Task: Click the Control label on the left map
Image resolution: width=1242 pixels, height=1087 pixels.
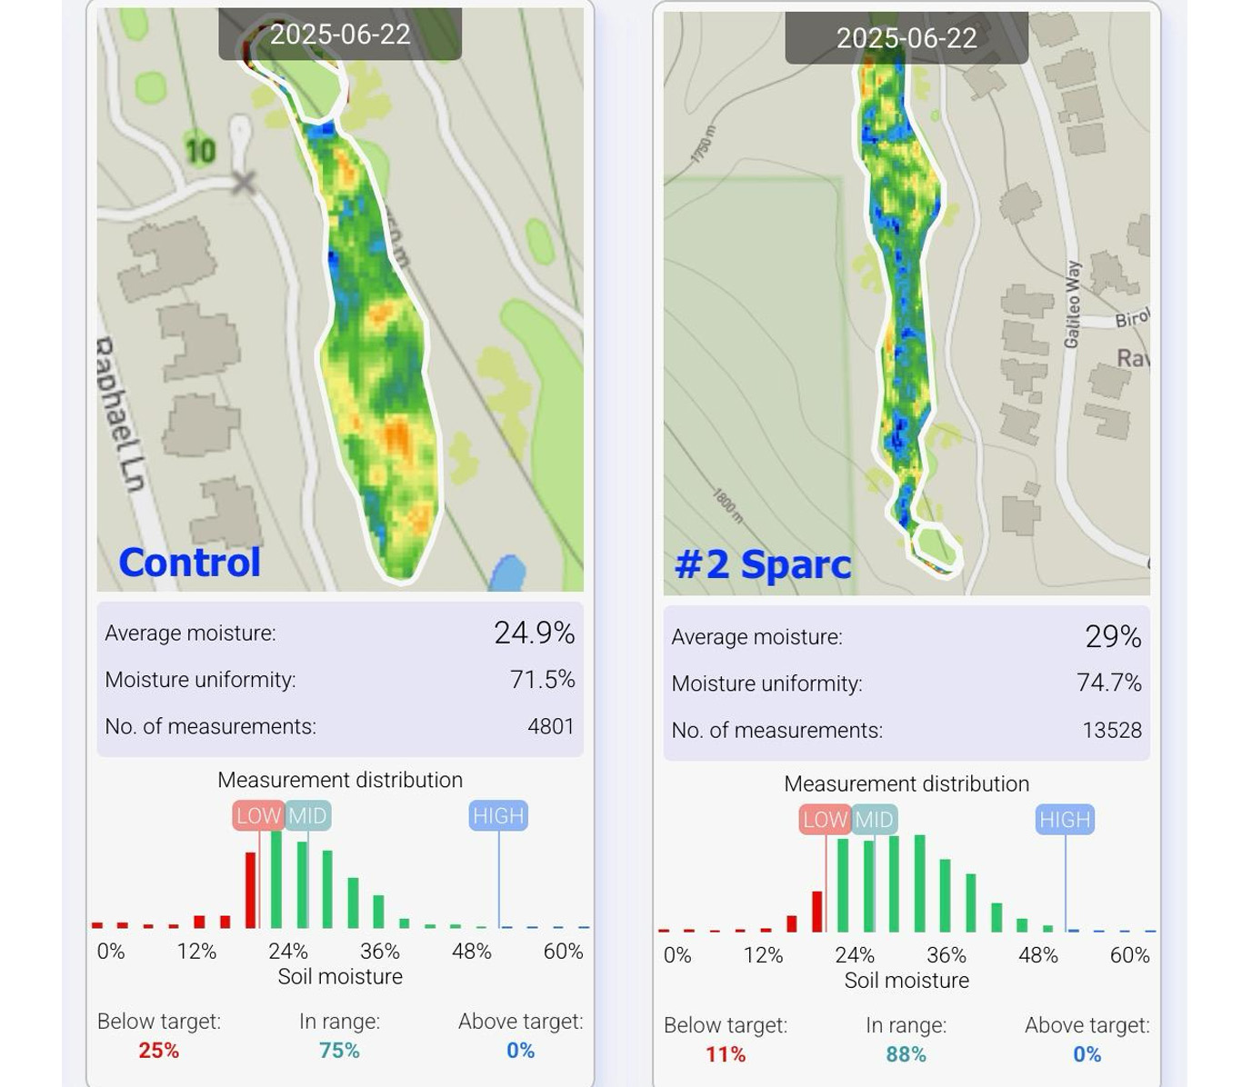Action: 189,563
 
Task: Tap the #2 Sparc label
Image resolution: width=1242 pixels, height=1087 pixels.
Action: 762,564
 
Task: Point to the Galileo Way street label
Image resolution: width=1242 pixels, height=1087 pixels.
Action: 1073,304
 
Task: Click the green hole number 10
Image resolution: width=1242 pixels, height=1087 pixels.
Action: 200,150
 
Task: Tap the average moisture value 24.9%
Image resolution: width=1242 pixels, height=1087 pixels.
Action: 534,633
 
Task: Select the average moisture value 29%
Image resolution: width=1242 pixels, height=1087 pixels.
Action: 1113,636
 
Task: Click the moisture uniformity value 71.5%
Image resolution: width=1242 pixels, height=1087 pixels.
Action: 542,680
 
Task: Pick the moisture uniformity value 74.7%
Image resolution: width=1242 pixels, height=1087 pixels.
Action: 1108,683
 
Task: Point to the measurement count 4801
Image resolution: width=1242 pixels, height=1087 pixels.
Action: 551,726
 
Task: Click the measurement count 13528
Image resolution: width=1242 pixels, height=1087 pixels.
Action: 1111,730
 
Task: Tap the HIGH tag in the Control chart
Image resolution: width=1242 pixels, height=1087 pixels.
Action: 498,815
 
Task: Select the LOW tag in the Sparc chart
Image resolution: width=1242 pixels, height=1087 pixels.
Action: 825,820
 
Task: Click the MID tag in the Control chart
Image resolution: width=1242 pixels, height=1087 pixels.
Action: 307,815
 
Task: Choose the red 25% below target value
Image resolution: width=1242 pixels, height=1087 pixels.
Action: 158,1051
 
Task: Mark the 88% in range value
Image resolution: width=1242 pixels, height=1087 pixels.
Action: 906,1054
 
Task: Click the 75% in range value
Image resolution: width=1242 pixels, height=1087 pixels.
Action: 339,1051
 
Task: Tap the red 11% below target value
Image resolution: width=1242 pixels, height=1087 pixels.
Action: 725,1054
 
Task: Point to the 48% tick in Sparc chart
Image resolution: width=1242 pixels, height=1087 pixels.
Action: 1037,955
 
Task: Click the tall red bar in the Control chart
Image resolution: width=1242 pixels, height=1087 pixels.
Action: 250,890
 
